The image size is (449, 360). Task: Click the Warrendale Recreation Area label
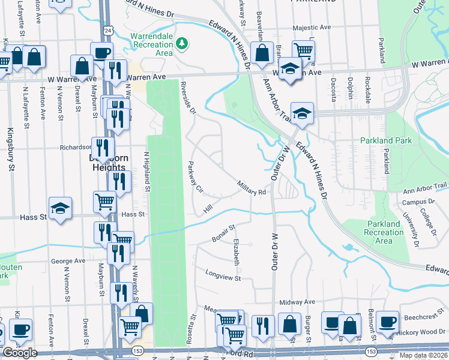152,44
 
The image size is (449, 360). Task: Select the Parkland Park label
386,140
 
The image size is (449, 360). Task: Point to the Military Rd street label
252,188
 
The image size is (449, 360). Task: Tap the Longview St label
223,278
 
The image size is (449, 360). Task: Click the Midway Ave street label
301,302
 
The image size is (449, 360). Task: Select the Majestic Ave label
312,28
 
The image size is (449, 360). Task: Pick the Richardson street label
74,146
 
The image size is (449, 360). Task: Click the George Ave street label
68,261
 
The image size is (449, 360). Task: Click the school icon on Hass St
60,208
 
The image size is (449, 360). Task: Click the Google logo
20,353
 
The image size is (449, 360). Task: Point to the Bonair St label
223,234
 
